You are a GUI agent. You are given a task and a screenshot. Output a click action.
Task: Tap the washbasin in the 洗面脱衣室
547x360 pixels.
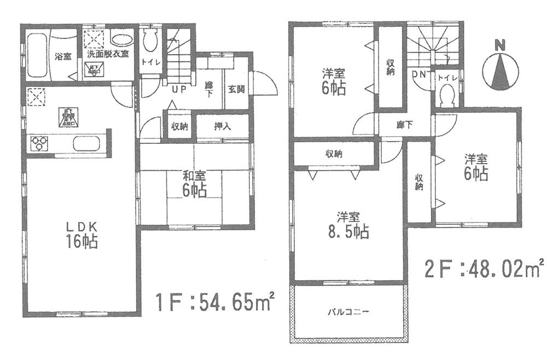pyautogui.click(x=120, y=39)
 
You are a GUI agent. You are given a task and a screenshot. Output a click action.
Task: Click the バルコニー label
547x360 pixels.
pyautogui.click(x=348, y=312)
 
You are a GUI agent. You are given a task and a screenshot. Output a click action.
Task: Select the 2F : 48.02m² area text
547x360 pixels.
pyautogui.click(x=484, y=269)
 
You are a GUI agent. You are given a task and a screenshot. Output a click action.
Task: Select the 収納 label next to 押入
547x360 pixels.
pyautogui.click(x=179, y=126)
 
